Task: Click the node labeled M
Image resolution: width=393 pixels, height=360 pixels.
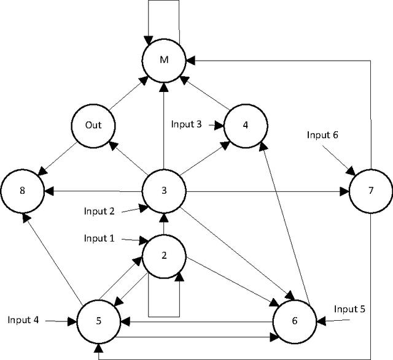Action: point(164,59)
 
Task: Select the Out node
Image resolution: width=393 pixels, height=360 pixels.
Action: point(93,125)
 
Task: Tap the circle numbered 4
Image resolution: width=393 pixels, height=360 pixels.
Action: point(246,125)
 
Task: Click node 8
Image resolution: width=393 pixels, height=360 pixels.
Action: point(22,190)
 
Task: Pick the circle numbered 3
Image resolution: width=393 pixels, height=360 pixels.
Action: point(164,190)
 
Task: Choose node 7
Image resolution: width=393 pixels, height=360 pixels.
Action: point(370,190)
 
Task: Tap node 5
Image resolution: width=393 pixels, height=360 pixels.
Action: point(98,320)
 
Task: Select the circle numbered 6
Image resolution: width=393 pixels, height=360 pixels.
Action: point(295,320)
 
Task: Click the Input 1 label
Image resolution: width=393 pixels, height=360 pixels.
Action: point(99,239)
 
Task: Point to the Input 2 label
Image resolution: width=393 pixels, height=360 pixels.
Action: point(99,211)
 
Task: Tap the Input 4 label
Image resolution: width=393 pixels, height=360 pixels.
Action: point(23,320)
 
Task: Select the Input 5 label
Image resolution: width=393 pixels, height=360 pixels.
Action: point(350,308)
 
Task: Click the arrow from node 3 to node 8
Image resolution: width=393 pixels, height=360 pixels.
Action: point(93,190)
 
